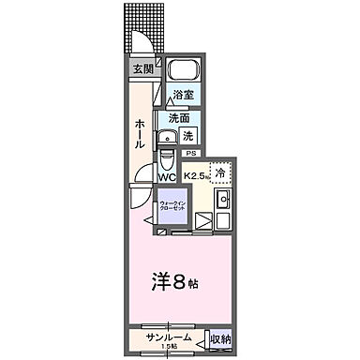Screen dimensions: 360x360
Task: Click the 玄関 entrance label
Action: coord(142,68)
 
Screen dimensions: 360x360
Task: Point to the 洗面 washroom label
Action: coord(179,118)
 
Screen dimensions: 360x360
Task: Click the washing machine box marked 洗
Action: coord(187,135)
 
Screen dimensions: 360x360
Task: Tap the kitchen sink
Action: coord(223,200)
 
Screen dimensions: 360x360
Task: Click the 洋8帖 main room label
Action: coord(180,280)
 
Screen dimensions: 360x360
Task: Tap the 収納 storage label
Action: coord(220,337)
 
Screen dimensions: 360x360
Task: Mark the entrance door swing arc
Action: coord(142,42)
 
